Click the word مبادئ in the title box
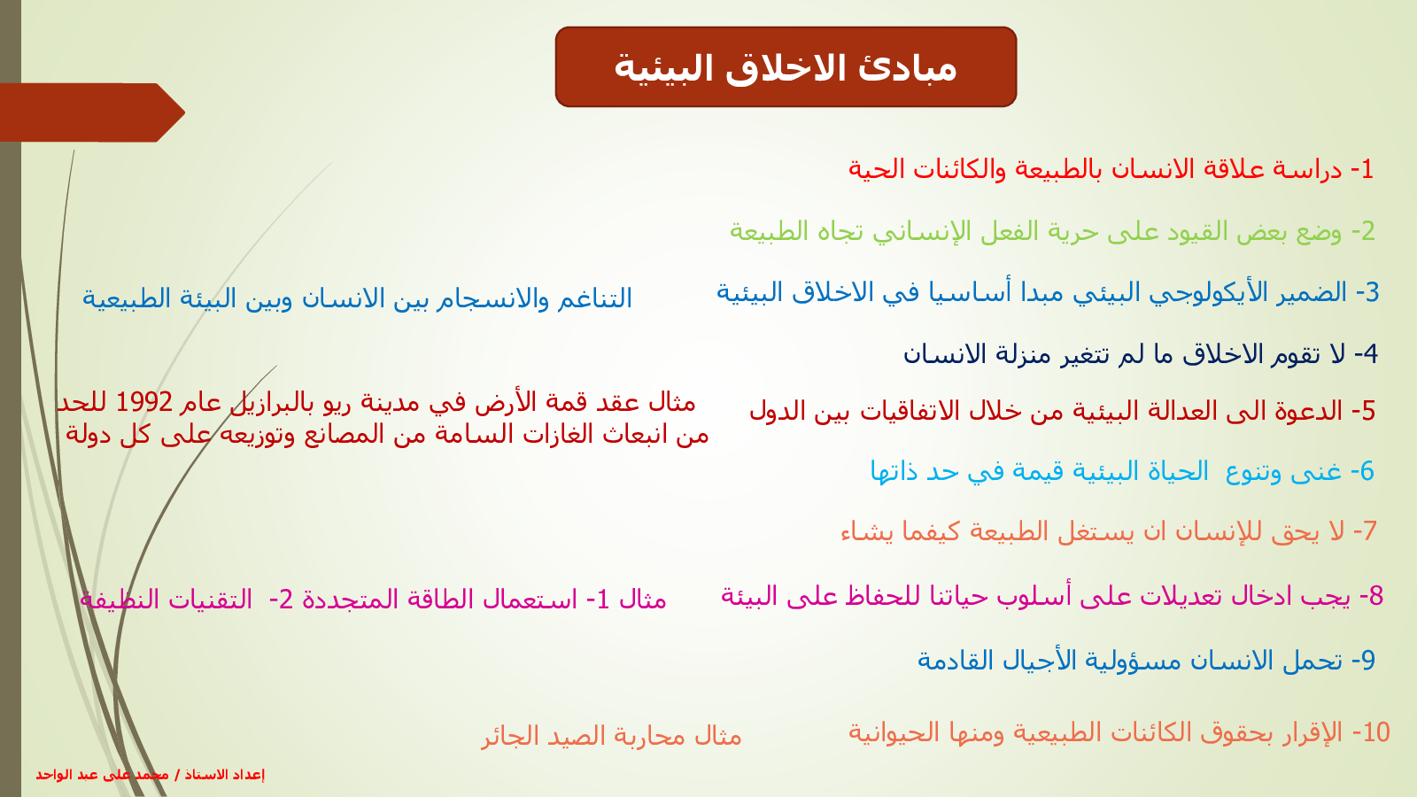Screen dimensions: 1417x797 point(907,68)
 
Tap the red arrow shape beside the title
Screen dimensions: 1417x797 point(92,112)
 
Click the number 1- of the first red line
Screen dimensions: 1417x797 point(1362,169)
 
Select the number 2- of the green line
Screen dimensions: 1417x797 point(1363,231)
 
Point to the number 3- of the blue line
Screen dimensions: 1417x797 point(1367,292)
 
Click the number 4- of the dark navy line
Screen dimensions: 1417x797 point(1366,353)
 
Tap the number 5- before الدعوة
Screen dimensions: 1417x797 point(1363,411)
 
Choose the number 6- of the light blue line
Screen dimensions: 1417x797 point(1362,471)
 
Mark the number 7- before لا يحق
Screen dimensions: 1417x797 point(1365,530)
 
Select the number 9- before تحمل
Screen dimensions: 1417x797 point(1363,661)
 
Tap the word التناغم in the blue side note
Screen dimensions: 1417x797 point(594,298)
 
